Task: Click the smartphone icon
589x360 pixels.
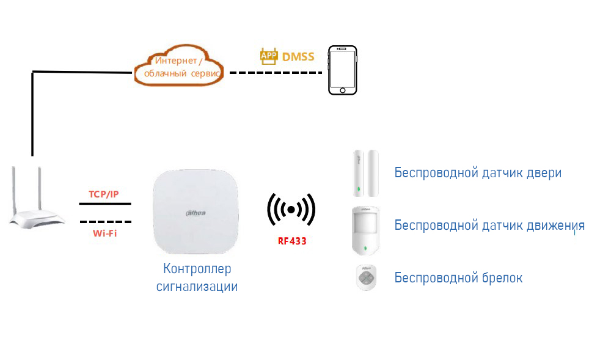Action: [x=342, y=70]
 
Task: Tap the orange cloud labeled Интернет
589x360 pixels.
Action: [x=178, y=67]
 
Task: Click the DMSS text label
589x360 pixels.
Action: [x=298, y=57]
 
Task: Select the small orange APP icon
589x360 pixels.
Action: [x=269, y=56]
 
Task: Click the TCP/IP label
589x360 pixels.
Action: [x=104, y=194]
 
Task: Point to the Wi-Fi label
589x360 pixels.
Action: [x=105, y=233]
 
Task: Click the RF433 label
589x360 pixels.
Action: [x=292, y=241]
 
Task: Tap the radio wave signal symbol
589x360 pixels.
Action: [x=291, y=210]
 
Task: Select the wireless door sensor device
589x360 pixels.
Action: [x=365, y=174]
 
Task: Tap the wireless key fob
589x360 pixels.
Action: [x=366, y=278]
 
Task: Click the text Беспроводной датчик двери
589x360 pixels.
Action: [x=477, y=172]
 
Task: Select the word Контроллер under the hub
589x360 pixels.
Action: [x=197, y=268]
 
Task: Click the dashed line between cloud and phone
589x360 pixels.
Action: [x=276, y=73]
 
